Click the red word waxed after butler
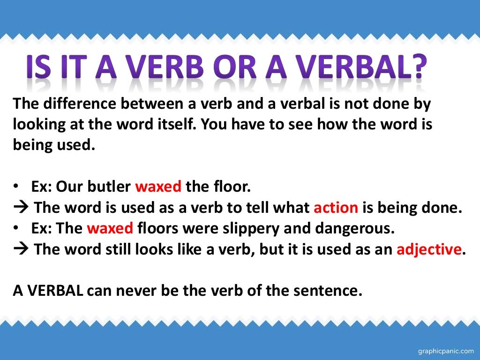(158, 187)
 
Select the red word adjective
(427, 249)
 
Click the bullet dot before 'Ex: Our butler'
(16, 187)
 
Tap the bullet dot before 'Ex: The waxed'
(16, 229)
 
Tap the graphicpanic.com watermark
(445, 350)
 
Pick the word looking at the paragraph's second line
(39, 125)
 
